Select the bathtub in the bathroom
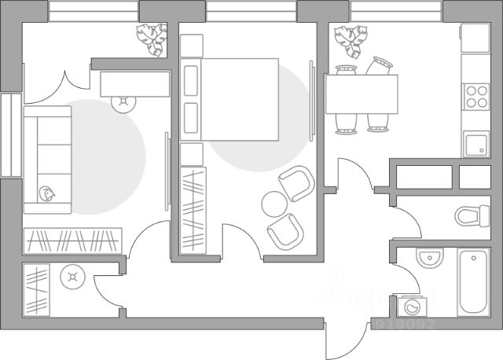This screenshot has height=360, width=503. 473,282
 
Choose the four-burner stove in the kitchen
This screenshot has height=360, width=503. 476,96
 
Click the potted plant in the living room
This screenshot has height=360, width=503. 152,37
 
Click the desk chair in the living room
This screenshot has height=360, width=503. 124,102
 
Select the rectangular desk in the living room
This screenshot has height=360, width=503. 134,82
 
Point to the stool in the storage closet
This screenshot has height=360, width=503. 74,277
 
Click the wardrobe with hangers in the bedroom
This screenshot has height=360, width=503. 193,208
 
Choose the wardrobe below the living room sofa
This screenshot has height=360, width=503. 73,239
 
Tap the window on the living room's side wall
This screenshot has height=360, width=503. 10,135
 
